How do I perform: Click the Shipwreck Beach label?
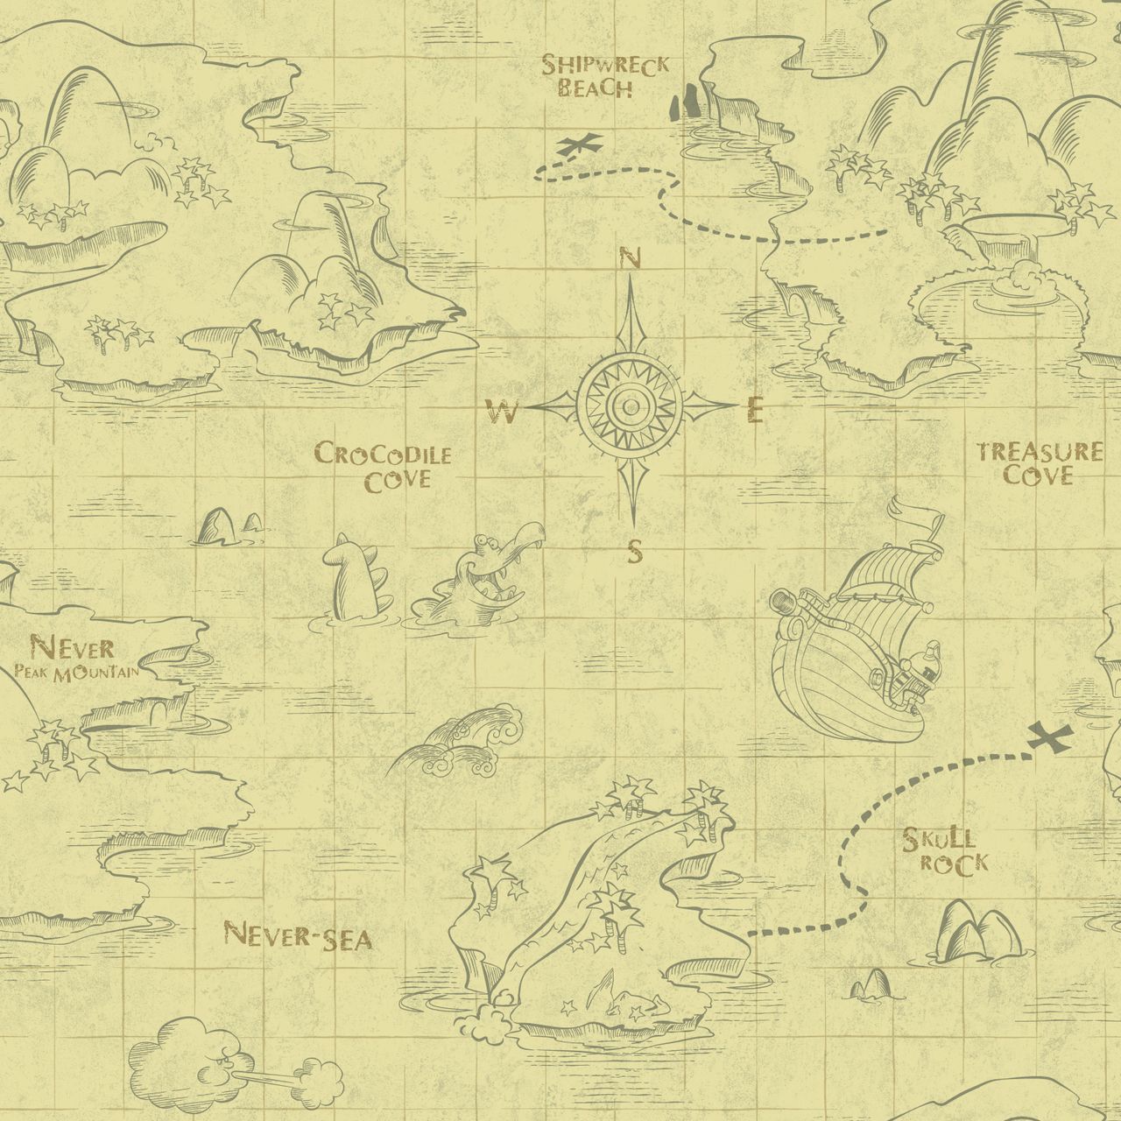click(604, 75)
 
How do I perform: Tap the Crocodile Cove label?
click(383, 466)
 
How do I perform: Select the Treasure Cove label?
click(1040, 463)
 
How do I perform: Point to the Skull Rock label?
click(946, 850)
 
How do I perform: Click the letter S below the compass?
click(635, 552)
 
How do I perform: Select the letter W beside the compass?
click(504, 411)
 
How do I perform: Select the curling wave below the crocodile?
click(464, 744)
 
